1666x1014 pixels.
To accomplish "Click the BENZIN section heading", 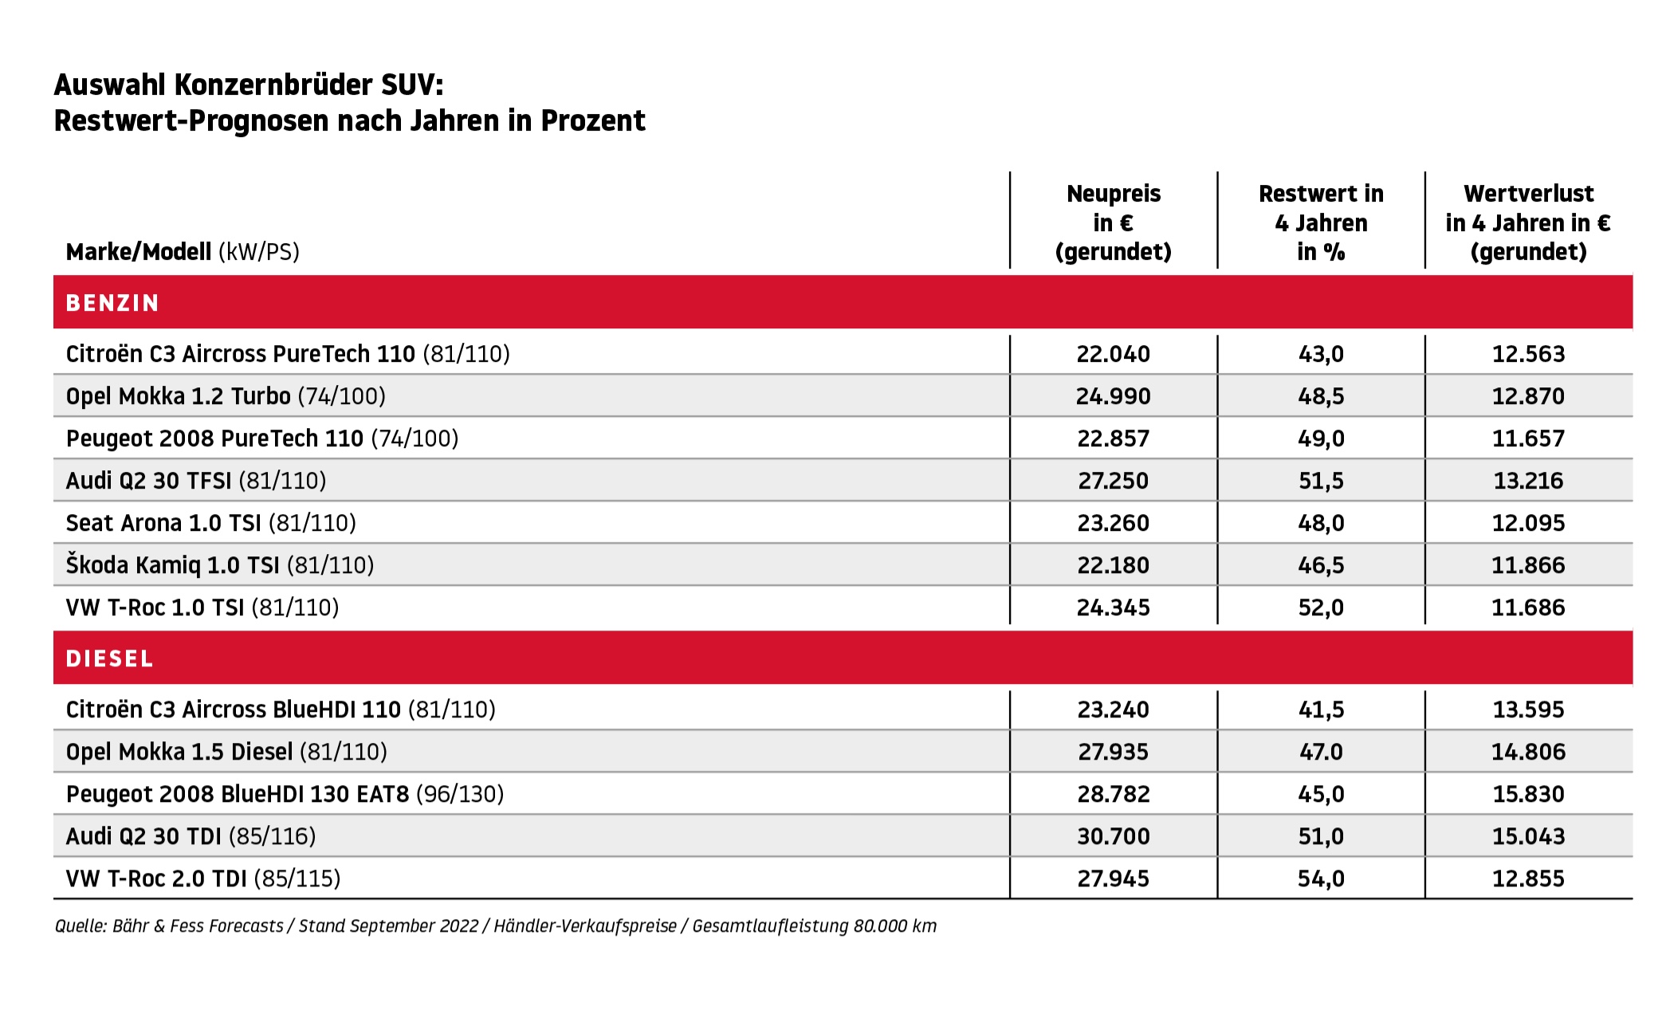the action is point(112,303).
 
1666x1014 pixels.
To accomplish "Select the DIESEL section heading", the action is point(109,658).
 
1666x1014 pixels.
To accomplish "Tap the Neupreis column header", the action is point(1114,222).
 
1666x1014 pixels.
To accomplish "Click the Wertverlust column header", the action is point(1528,222).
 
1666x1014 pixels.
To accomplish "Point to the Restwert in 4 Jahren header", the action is point(1321,222).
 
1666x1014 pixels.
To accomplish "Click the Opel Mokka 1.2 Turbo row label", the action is point(226,396).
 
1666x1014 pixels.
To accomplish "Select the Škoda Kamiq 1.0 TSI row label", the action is point(220,564).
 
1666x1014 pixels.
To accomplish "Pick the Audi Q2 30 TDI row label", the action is point(191,836).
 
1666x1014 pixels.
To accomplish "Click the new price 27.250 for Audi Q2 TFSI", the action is point(1114,481).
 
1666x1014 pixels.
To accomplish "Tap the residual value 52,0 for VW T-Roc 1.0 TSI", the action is point(1321,607).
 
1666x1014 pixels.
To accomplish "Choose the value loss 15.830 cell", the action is point(1528,794).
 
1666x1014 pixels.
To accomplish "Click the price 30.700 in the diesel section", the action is point(1114,836).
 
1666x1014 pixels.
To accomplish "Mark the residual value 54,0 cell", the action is point(1321,878).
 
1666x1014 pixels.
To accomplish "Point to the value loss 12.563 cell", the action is point(1528,354).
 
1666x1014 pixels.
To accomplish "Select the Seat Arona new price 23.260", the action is point(1114,523).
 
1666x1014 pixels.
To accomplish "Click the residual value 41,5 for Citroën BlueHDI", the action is point(1321,709).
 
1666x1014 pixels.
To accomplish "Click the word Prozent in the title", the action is point(593,121).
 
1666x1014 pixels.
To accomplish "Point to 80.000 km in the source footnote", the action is point(894,926).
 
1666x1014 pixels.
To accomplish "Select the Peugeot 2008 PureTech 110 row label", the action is point(262,438).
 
